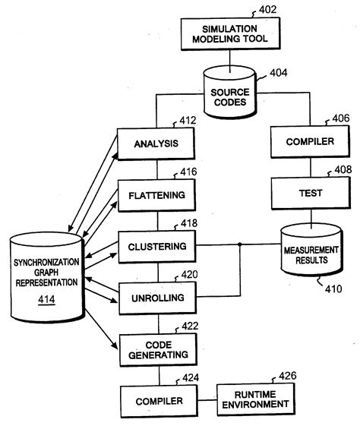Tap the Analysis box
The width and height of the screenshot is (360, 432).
click(x=156, y=142)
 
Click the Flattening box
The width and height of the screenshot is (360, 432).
click(x=156, y=194)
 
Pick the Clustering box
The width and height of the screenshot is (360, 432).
click(x=156, y=245)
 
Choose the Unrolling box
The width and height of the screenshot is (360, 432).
click(x=156, y=298)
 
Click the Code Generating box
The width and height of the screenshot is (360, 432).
click(x=156, y=350)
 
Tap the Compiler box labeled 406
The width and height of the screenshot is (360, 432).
click(x=310, y=142)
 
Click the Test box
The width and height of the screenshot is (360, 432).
click(x=310, y=194)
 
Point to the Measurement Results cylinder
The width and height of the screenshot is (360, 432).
click(x=310, y=250)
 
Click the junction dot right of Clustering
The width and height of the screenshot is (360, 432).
click(x=240, y=244)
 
